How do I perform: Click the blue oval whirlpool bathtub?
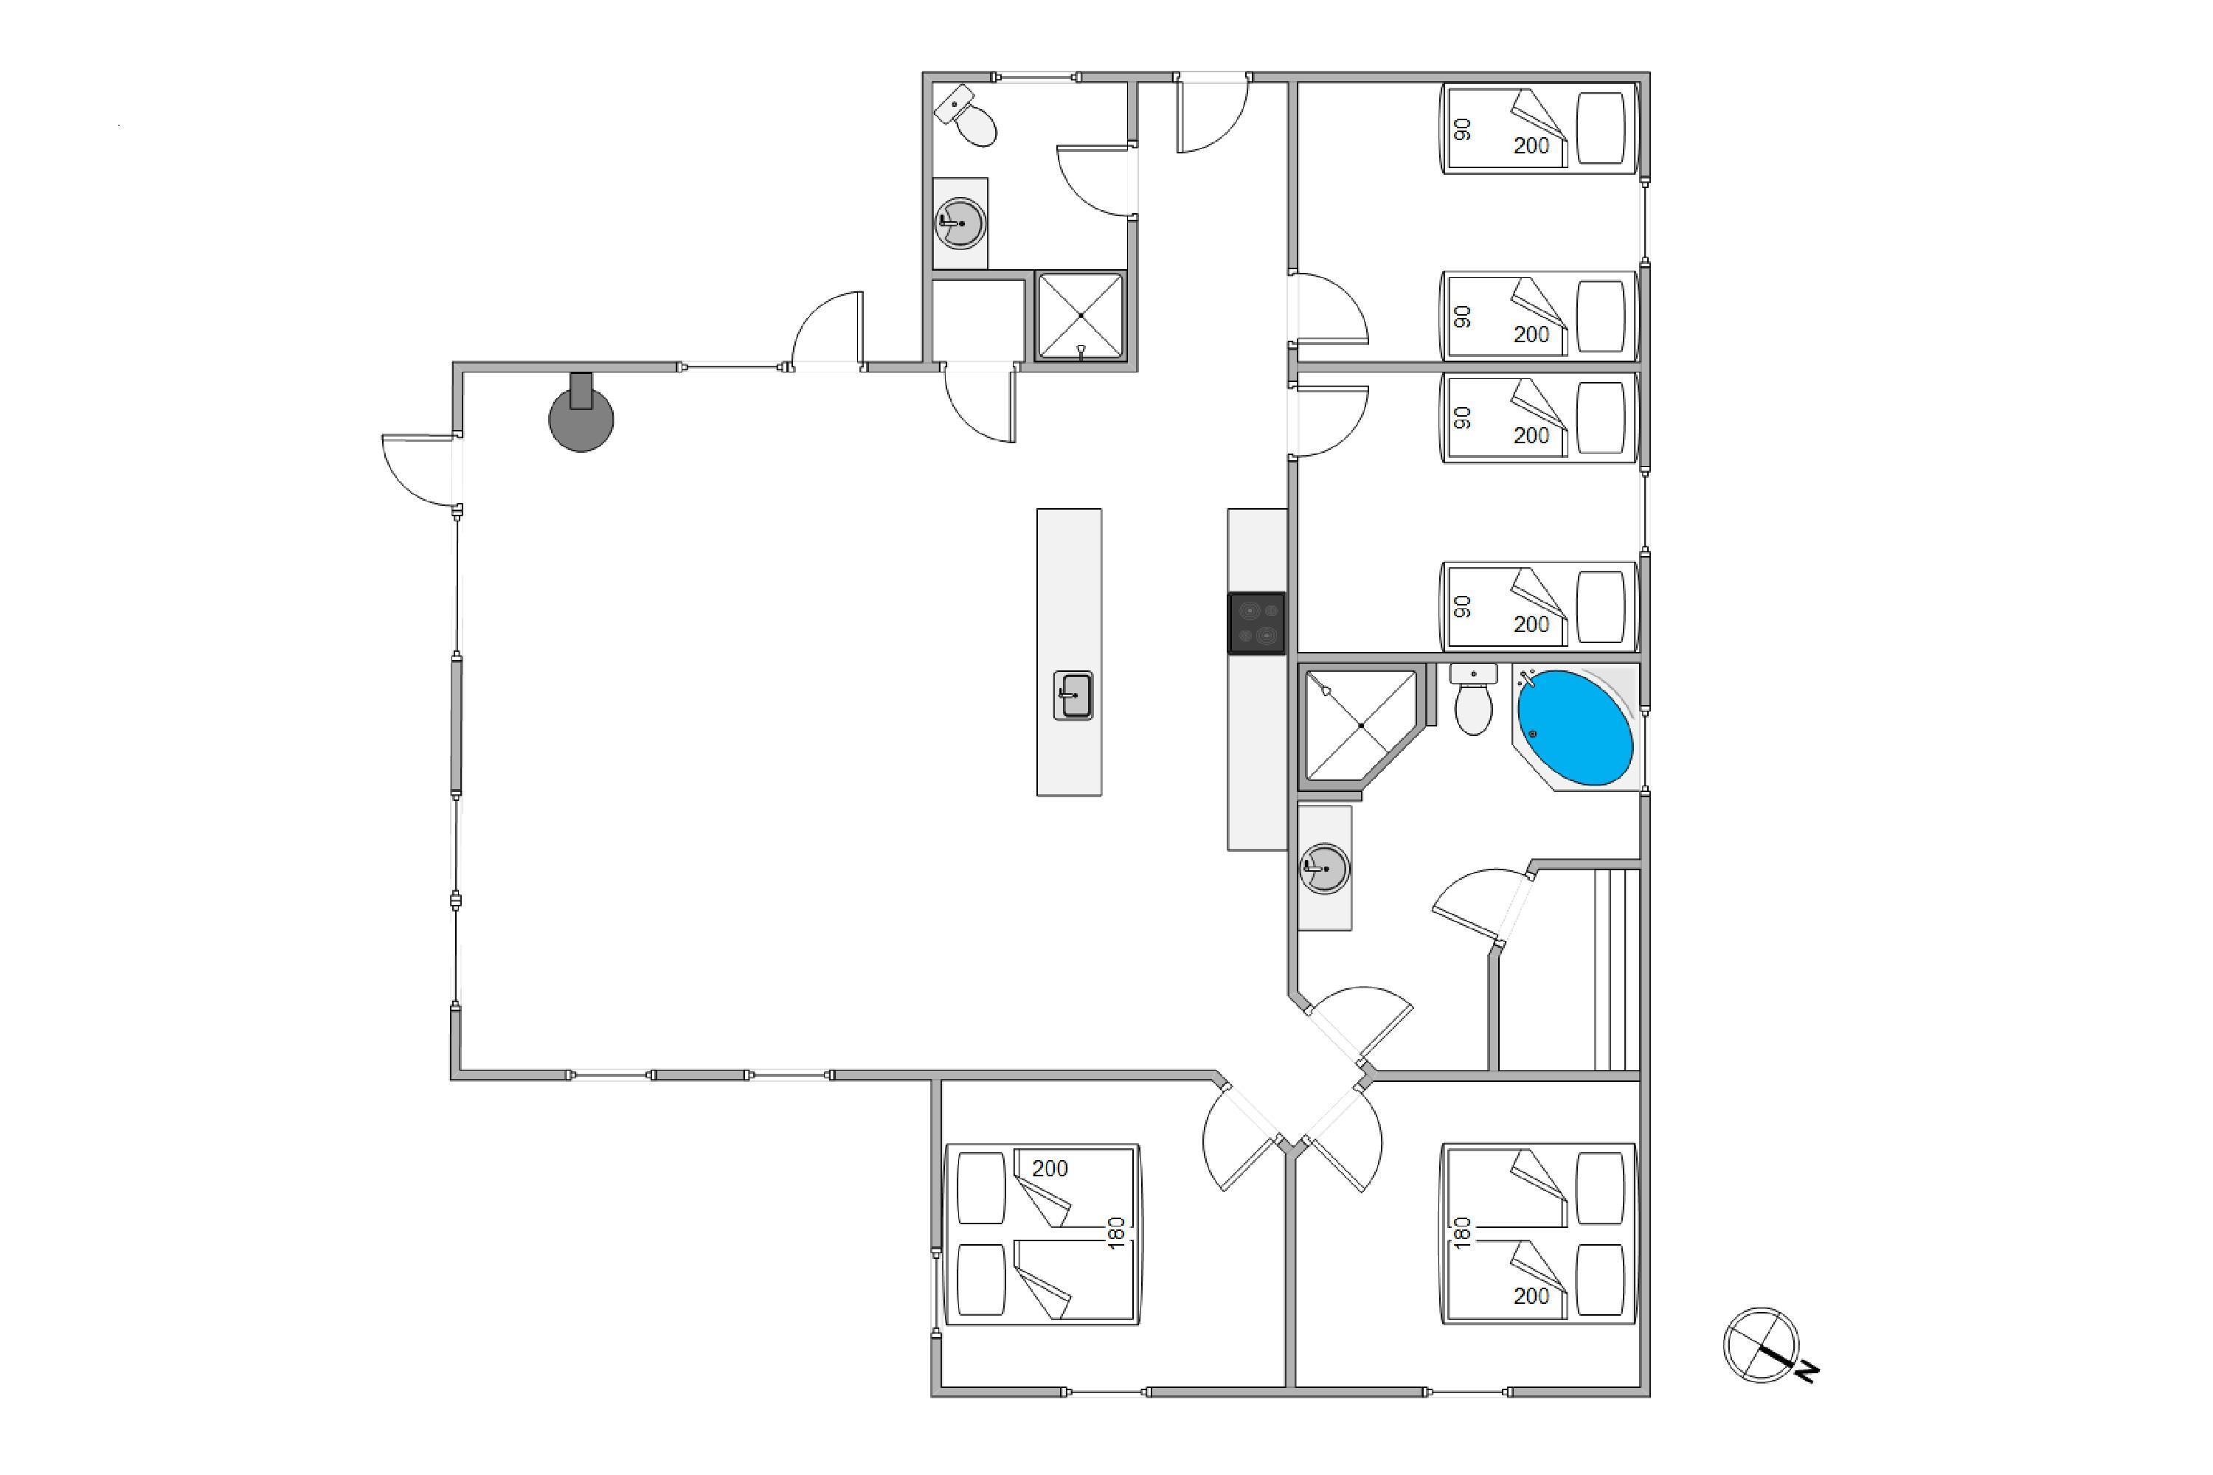coord(1575,726)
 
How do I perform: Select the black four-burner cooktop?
coord(1256,622)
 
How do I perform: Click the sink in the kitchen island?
coord(1073,696)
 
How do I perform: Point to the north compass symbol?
coord(1765,1346)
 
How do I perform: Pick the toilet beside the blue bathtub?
coord(1473,700)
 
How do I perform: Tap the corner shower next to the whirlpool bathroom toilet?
coord(1360,725)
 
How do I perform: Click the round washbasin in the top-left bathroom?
coord(960,223)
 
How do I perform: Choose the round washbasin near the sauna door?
coord(1325,868)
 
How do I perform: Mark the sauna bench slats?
coord(1616,970)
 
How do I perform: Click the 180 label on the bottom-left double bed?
coord(1117,1232)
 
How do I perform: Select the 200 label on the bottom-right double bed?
coord(1531,1297)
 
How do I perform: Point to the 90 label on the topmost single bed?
coord(1462,129)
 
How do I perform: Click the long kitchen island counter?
coord(1069,652)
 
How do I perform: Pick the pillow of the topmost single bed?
coord(1601,127)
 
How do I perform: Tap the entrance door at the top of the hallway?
coord(1213,113)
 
